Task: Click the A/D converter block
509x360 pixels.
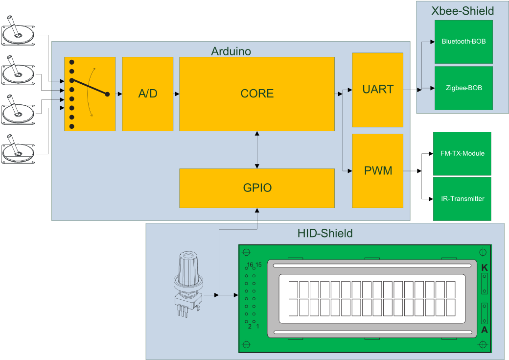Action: [x=147, y=94]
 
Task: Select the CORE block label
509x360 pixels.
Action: [x=257, y=94]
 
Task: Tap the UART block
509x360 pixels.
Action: [x=377, y=89]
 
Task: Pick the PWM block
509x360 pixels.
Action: [x=377, y=171]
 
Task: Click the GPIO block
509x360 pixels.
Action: [x=257, y=188]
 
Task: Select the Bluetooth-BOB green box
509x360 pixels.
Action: [x=463, y=42]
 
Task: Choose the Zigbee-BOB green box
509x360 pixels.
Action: [x=463, y=88]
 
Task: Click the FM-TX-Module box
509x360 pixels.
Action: [x=462, y=153]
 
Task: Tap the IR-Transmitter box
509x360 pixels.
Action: [x=462, y=198]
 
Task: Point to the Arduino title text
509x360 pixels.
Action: [x=231, y=51]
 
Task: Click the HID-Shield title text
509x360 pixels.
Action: [x=324, y=233]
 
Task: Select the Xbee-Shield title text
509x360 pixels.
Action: [x=462, y=11]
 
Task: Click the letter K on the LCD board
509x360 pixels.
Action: [x=485, y=268]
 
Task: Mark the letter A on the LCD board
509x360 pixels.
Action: [x=485, y=330]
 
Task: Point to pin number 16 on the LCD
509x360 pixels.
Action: [x=250, y=264]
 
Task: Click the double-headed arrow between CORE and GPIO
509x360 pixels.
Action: [x=257, y=150]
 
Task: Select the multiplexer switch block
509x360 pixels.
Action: [x=90, y=94]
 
